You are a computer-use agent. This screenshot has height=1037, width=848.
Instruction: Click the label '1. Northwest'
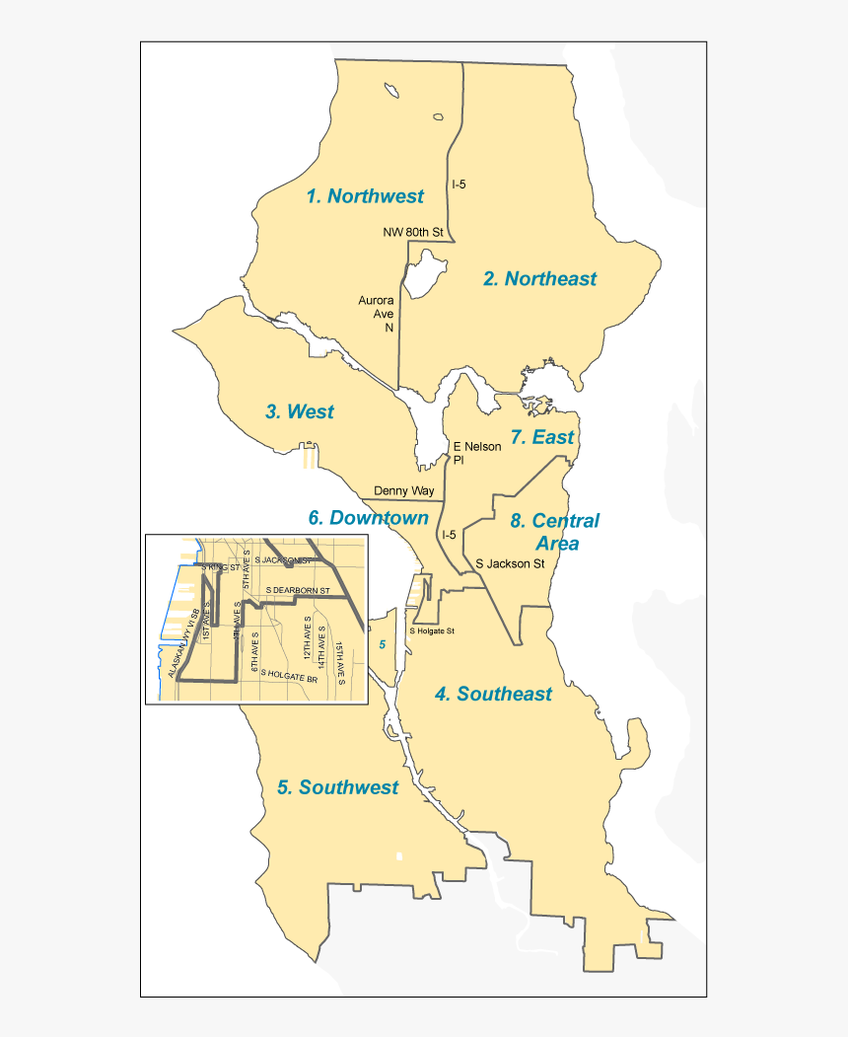[365, 196]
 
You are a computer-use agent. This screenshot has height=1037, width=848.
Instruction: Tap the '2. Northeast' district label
[539, 279]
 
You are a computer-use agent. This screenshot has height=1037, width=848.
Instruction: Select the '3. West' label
[300, 412]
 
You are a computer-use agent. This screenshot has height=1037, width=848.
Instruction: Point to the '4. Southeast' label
[493, 695]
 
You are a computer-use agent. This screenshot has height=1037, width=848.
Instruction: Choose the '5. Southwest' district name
[337, 787]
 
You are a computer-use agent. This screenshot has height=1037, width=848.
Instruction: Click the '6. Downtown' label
[368, 518]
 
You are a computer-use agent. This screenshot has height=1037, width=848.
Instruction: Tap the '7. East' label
[542, 437]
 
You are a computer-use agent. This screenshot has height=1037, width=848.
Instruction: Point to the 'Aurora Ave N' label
[376, 313]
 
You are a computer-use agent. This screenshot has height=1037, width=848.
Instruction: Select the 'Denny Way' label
[403, 490]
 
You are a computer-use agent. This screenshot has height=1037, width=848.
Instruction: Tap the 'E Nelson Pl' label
[476, 453]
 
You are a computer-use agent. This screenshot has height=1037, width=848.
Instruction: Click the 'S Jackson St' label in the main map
[510, 564]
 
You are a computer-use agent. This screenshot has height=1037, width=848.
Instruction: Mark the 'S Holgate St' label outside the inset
[432, 630]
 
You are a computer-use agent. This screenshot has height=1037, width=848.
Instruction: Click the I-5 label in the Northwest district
[459, 185]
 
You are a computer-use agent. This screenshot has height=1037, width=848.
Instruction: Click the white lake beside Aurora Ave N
[423, 272]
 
